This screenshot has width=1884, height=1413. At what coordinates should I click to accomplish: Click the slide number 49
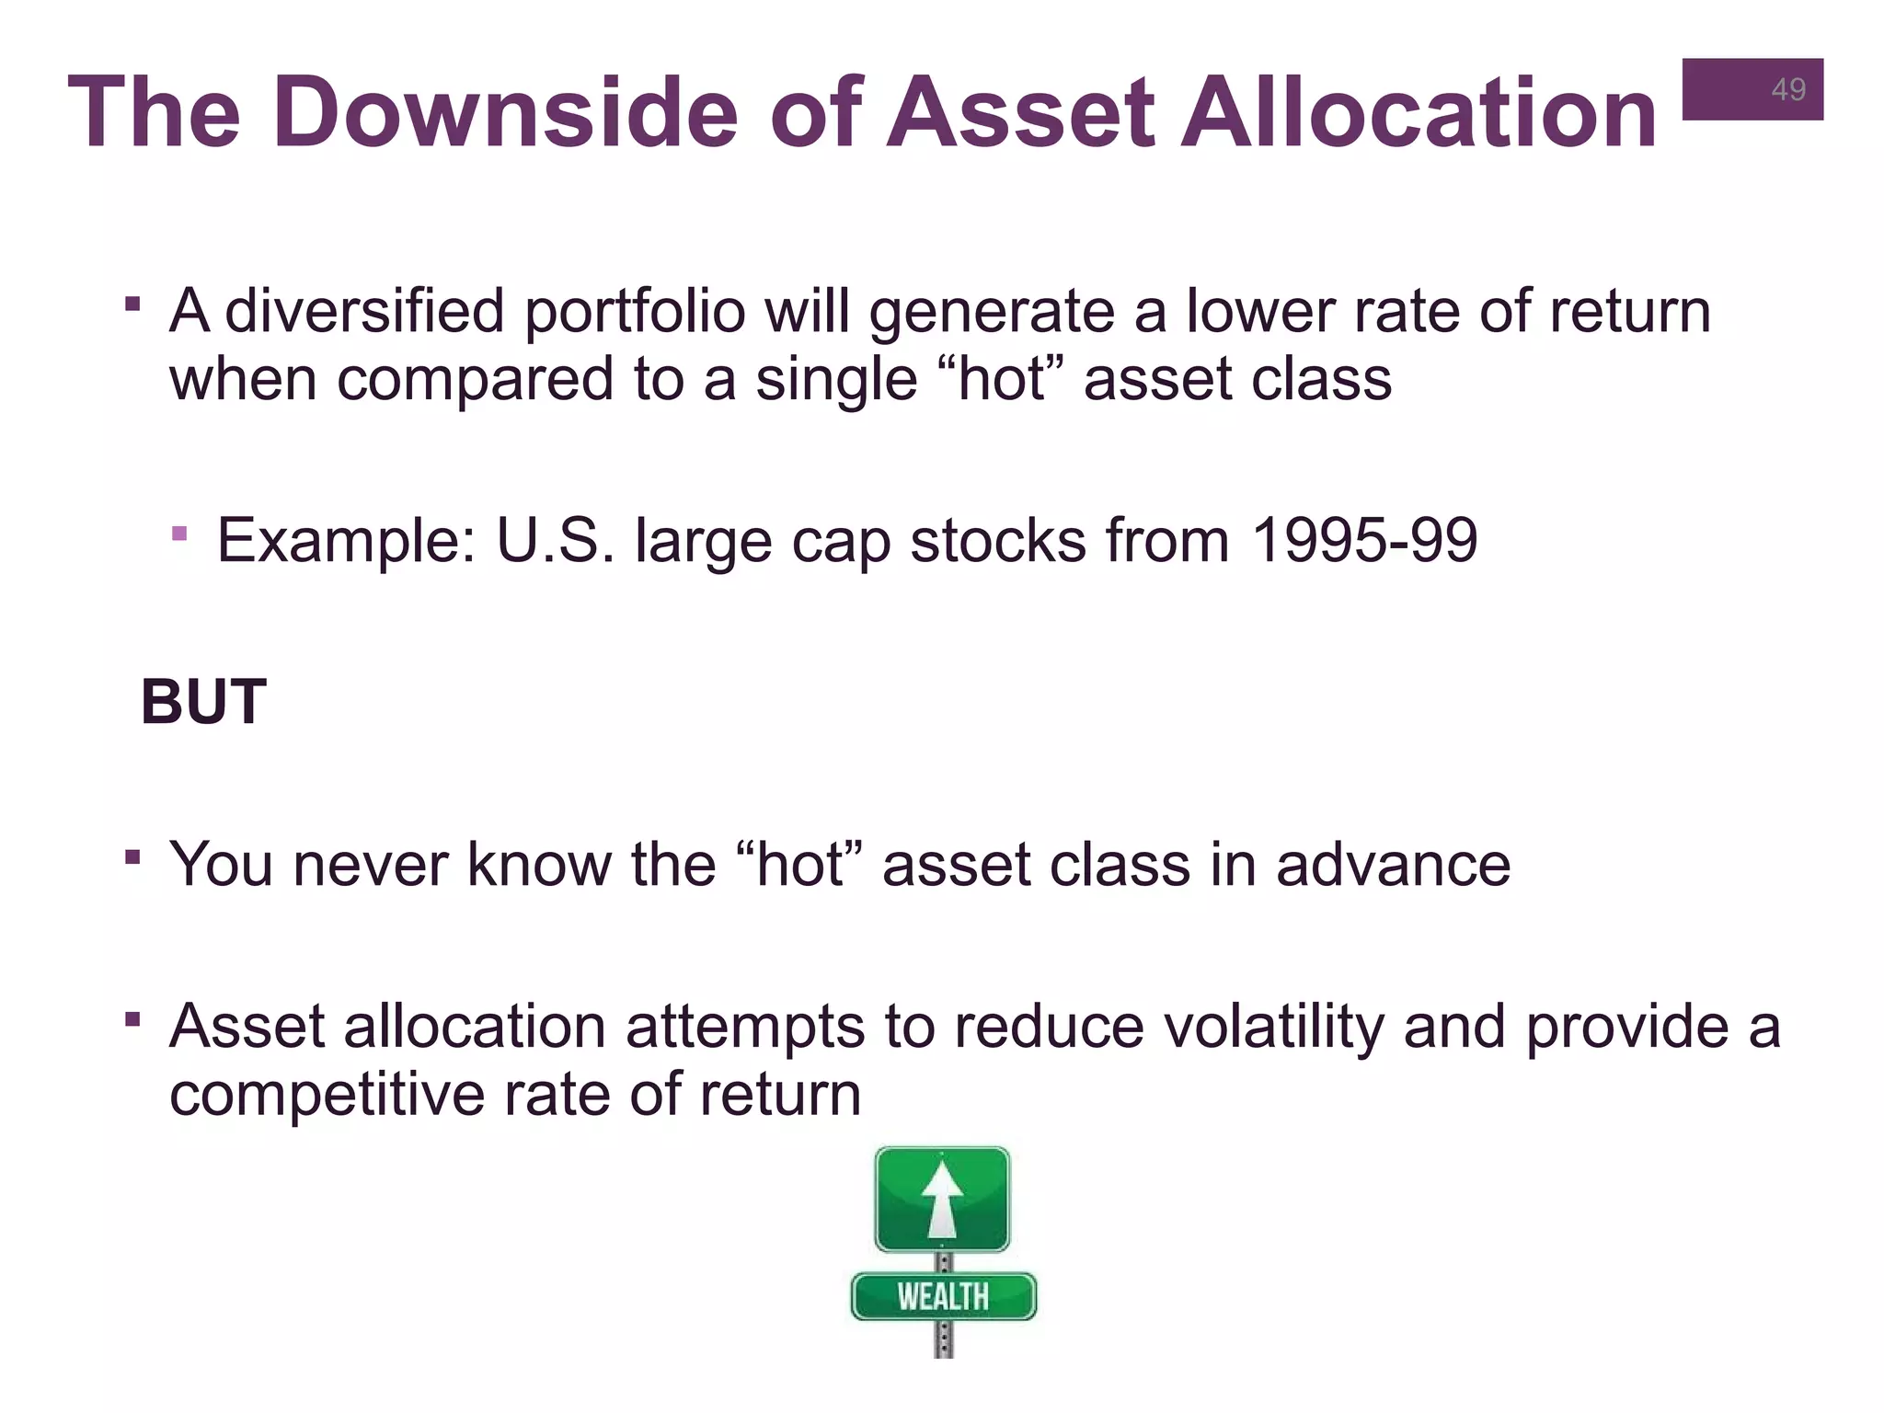click(x=1787, y=89)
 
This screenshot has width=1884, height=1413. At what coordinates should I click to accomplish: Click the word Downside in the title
click(x=505, y=113)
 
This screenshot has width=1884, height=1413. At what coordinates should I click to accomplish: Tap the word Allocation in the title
click(x=1418, y=113)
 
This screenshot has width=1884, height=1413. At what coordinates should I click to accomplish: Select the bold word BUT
click(x=203, y=702)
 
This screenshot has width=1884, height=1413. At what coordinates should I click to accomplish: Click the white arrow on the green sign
click(x=942, y=1199)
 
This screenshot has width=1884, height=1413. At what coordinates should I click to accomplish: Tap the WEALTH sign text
click(x=943, y=1296)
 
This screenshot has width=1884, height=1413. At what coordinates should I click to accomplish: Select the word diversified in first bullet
click(x=364, y=311)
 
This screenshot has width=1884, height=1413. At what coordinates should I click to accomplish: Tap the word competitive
click(x=327, y=1095)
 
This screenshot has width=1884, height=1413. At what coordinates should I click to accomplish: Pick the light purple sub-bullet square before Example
click(x=179, y=534)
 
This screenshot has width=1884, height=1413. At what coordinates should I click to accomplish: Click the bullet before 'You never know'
click(x=133, y=857)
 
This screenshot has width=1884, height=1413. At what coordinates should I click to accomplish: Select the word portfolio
click(x=635, y=311)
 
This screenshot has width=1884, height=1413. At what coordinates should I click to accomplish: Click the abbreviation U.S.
click(x=555, y=540)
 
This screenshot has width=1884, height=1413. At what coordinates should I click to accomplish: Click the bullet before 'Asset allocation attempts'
click(x=133, y=1019)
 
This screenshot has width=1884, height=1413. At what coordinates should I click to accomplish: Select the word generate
click(x=991, y=311)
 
